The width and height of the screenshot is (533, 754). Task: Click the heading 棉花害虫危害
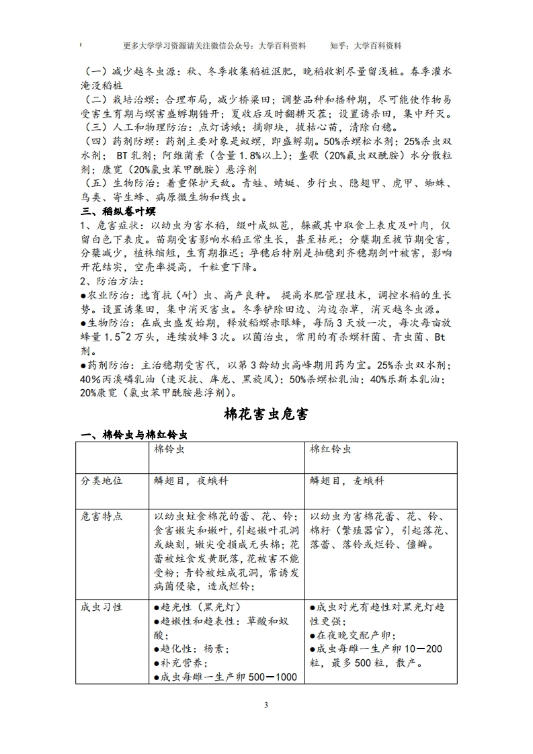266,414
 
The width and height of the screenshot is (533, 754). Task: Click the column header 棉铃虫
169,450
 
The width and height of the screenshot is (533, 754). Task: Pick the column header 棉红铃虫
331,450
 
